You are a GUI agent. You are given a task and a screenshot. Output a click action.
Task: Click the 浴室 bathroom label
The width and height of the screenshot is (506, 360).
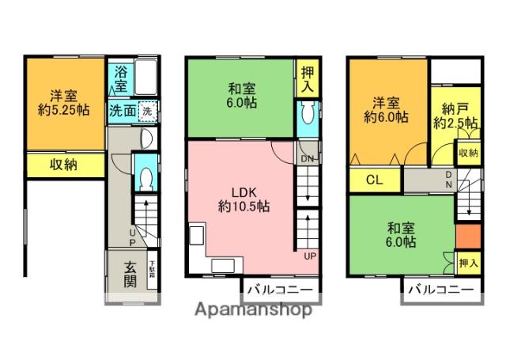pos(120,78)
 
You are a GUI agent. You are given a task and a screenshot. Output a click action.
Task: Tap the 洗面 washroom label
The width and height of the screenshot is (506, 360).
pos(121,111)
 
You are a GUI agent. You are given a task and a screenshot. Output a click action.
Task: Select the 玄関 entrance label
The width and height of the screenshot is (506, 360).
pos(130,273)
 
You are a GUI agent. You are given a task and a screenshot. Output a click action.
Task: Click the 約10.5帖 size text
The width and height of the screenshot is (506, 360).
pos(243,207)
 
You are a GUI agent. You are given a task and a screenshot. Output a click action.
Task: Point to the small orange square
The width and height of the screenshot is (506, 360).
pos(467,236)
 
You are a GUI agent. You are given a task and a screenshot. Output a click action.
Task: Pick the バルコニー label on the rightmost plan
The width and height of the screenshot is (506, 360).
pos(441,290)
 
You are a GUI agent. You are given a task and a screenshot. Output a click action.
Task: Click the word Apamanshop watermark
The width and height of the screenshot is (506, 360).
pos(253,309)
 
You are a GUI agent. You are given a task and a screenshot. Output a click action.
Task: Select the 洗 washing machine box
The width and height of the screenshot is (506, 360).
pos(147,111)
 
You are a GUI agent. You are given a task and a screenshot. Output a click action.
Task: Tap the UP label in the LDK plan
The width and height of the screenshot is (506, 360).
pos(310,256)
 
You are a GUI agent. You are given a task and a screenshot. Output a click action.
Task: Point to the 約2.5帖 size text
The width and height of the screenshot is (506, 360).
pos(455,123)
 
